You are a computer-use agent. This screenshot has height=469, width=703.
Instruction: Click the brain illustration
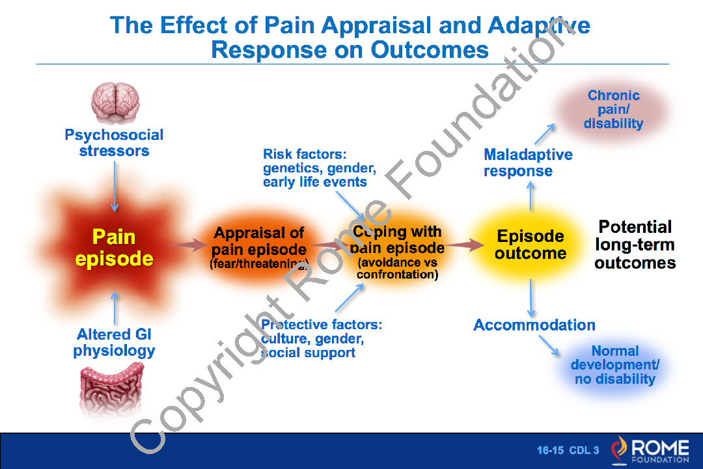coord(114,103)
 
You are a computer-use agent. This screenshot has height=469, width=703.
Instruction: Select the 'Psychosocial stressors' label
coord(114,143)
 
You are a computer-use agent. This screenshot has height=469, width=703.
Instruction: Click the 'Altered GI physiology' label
coord(114,342)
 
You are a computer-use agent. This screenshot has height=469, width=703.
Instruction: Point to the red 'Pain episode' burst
coord(114,247)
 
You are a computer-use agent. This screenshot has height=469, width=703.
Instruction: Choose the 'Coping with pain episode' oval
coord(397,250)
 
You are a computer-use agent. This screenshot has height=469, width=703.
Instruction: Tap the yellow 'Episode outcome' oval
coord(530,245)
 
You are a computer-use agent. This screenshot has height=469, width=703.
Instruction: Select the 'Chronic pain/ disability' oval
coord(613,109)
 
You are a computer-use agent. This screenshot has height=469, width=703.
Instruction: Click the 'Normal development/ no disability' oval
coord(614,365)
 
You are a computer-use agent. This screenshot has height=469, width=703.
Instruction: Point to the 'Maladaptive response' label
coord(528,163)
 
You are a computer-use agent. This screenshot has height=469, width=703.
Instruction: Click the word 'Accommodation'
coord(534,325)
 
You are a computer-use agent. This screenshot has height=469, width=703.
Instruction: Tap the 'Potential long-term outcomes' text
coord(635,245)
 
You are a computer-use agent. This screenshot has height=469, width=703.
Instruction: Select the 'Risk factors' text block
coord(319,168)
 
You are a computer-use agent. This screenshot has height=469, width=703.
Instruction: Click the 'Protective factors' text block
coord(321,338)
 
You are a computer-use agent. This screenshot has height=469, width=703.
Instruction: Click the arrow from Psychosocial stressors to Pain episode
coord(115,185)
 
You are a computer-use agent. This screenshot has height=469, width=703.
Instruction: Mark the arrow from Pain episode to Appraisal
coord(185,245)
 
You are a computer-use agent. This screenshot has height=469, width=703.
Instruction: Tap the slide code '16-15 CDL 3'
coord(568,450)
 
